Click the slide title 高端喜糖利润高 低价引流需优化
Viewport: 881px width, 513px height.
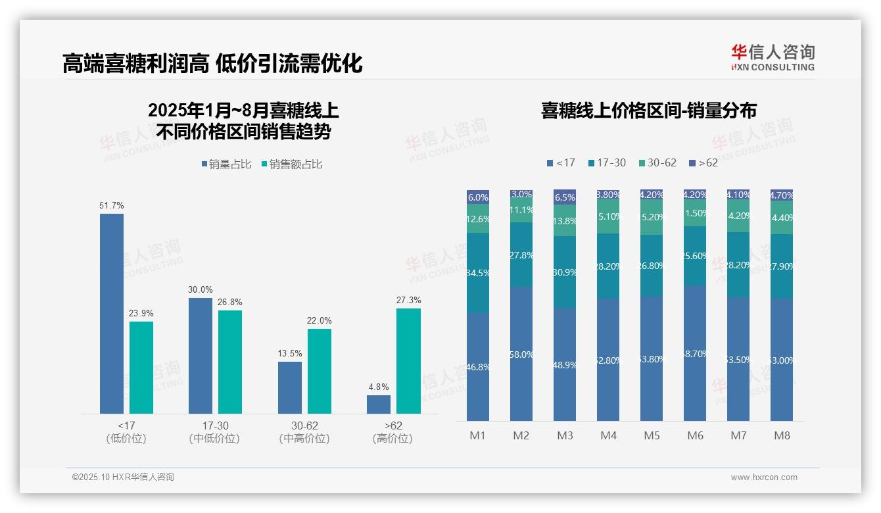click(x=212, y=63)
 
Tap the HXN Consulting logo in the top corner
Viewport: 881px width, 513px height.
click(x=773, y=58)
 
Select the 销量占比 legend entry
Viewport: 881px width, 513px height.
click(x=226, y=164)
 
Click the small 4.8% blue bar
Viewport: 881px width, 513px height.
click(x=379, y=404)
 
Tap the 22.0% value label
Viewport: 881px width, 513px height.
click(x=319, y=321)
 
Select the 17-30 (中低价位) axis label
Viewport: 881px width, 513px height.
click(x=214, y=432)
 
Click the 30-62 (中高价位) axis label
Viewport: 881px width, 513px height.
click(x=304, y=432)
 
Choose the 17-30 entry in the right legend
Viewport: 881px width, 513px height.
click(x=607, y=162)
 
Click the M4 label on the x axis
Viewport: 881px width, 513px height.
click(x=608, y=435)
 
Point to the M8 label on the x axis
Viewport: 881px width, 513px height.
click(x=782, y=435)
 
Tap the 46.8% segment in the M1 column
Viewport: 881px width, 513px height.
click(x=478, y=366)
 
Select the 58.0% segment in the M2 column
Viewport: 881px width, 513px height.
click(x=521, y=354)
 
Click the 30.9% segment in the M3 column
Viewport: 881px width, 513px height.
click(x=565, y=272)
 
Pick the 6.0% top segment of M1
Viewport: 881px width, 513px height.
click(x=478, y=197)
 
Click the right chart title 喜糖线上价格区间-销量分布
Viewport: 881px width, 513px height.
click(x=648, y=110)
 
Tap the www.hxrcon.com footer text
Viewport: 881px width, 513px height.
click(x=764, y=477)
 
